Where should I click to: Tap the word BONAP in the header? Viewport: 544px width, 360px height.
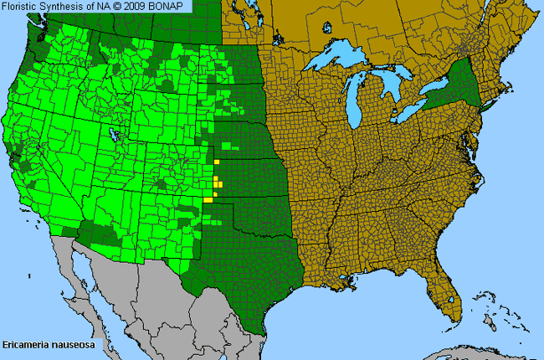click(172, 6)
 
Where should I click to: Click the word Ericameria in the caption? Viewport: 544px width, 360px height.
click(26, 344)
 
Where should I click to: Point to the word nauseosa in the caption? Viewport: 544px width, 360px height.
click(74, 344)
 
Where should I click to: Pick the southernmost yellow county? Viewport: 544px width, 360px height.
click(208, 199)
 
